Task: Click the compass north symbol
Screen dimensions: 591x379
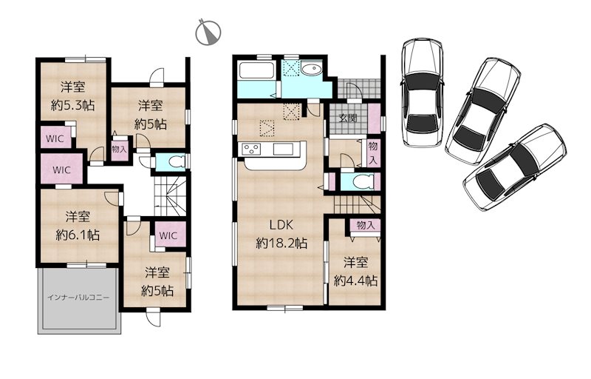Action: click(x=208, y=32)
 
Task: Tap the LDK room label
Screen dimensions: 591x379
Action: click(x=281, y=225)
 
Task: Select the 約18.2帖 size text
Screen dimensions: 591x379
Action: click(x=281, y=243)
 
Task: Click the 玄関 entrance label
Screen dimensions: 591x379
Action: click(x=347, y=118)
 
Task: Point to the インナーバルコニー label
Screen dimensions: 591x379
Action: click(x=78, y=298)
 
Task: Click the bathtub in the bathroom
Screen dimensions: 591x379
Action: click(x=256, y=70)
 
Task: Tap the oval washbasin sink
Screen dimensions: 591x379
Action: click(x=310, y=70)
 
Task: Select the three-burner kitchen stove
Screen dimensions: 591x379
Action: click(x=251, y=149)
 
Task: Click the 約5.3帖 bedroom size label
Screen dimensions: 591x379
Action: click(x=72, y=105)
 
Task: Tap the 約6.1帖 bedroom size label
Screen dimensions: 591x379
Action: click(x=78, y=235)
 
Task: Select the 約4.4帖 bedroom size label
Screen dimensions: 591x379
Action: click(x=355, y=281)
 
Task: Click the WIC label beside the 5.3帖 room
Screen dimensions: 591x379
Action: click(x=55, y=138)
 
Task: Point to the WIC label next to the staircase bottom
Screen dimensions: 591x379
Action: click(x=168, y=235)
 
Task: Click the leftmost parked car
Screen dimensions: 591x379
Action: click(x=421, y=92)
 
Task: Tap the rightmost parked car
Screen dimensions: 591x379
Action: click(x=515, y=167)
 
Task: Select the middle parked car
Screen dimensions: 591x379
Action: click(x=483, y=111)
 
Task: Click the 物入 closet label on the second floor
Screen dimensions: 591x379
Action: click(x=119, y=149)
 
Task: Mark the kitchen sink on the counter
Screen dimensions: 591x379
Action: click(x=286, y=149)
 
